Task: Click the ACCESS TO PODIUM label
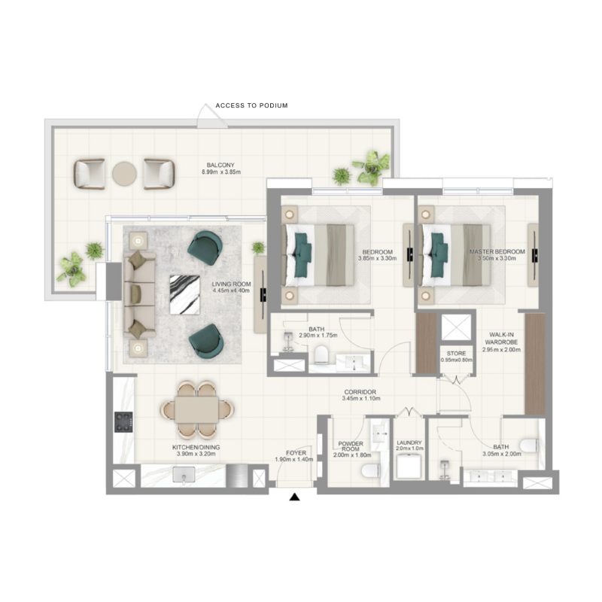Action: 251,106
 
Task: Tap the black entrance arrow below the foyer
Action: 296,497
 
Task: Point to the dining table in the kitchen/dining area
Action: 197,410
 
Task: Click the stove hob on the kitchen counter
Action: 123,422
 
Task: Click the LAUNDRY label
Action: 409,443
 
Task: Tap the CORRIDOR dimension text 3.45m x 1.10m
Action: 359,399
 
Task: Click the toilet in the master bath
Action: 529,445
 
